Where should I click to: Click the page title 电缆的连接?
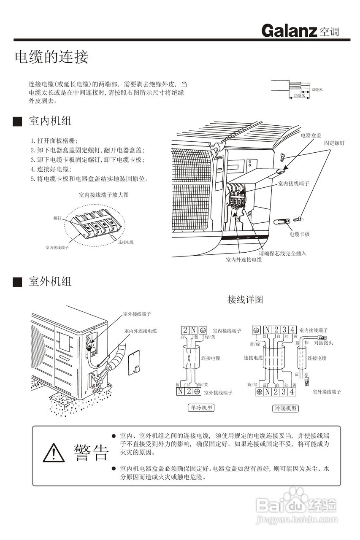51,57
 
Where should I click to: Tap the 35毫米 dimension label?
299,96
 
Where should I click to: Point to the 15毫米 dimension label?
317,89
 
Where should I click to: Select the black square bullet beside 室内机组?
17,122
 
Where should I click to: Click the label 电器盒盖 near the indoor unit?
311,135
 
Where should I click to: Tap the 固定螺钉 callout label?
334,143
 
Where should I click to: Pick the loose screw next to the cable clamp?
298,219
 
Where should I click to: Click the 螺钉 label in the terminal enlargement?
57,218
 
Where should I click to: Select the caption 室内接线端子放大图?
103,195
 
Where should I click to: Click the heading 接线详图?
245,300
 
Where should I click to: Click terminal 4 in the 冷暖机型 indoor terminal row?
294,330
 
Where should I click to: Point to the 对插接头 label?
323,343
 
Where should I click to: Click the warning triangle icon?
54,454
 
